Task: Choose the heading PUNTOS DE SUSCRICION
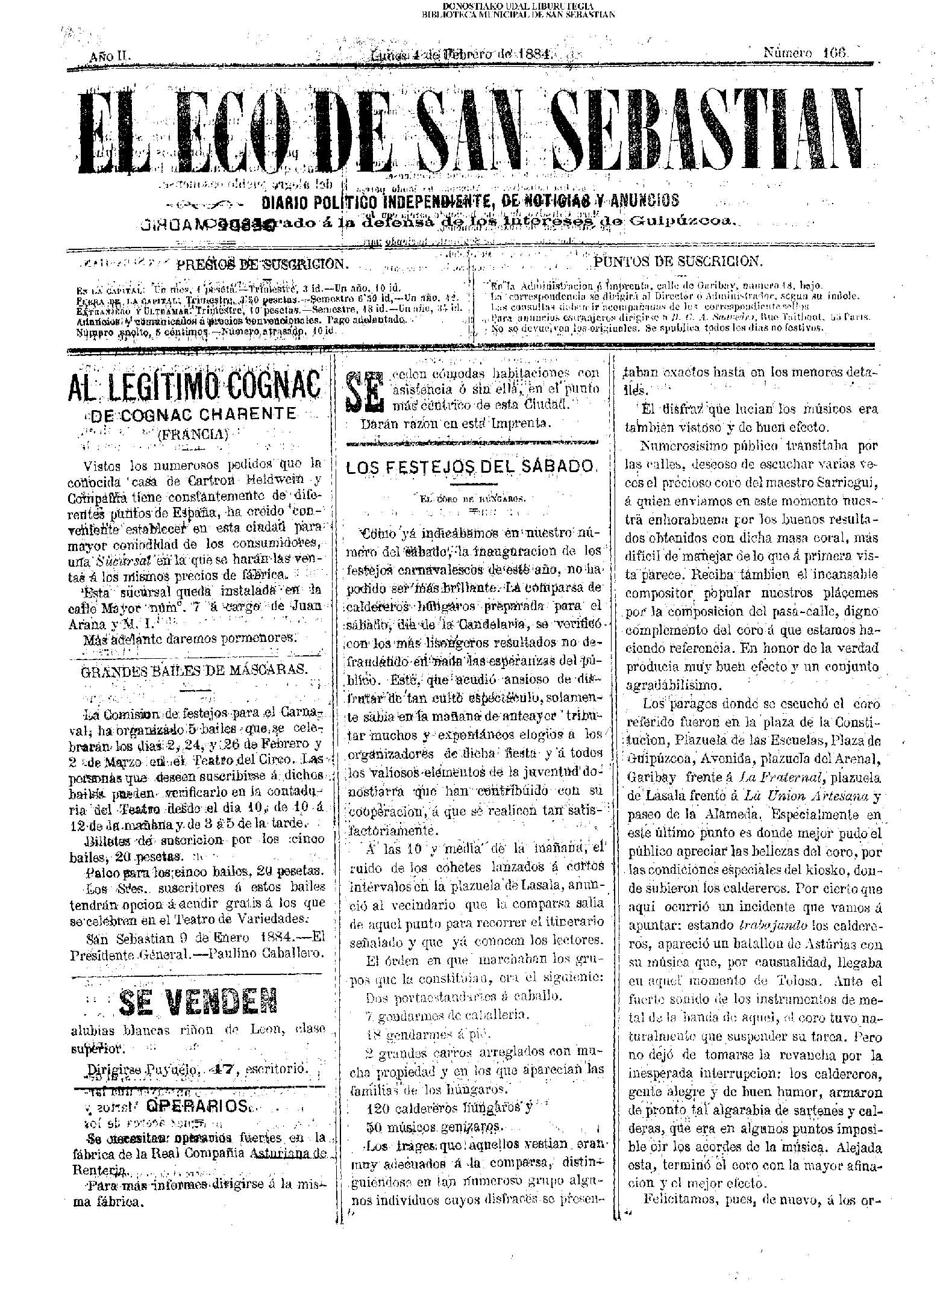pos(678,261)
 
